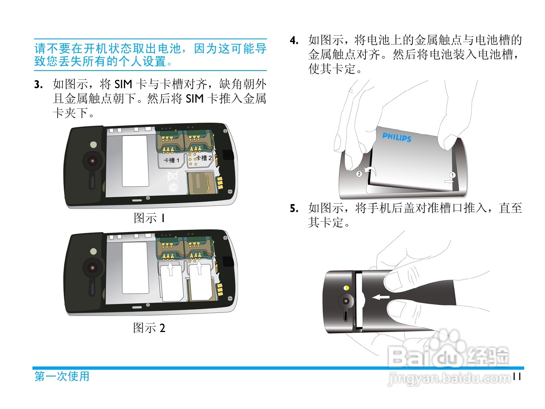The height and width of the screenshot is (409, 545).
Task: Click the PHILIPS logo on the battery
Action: click(396, 137)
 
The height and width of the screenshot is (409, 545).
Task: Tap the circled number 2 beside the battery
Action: click(359, 174)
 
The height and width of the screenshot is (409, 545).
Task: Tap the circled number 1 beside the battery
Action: click(452, 175)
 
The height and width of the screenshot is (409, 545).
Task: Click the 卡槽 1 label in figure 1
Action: click(172, 160)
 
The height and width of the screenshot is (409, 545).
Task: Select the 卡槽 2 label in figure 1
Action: click(204, 158)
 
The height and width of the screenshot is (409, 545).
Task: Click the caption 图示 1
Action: click(149, 218)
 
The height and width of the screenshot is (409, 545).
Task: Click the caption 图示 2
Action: click(149, 328)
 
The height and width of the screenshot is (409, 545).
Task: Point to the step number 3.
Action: click(38, 85)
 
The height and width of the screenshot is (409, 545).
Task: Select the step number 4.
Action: click(294, 40)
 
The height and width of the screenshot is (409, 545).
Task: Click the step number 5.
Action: click(294, 209)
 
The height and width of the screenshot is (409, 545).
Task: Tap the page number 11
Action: click(517, 377)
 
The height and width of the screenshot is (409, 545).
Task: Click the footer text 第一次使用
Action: click(62, 376)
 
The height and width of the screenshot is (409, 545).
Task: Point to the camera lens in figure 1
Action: click(93, 161)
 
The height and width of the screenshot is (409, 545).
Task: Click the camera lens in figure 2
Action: click(93, 268)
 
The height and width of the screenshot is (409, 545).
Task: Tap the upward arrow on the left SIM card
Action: click(170, 269)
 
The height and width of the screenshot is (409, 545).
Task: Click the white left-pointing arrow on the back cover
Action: click(381, 297)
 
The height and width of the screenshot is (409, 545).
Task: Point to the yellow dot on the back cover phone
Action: click(346, 288)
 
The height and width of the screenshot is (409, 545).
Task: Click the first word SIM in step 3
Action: click(123, 85)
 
